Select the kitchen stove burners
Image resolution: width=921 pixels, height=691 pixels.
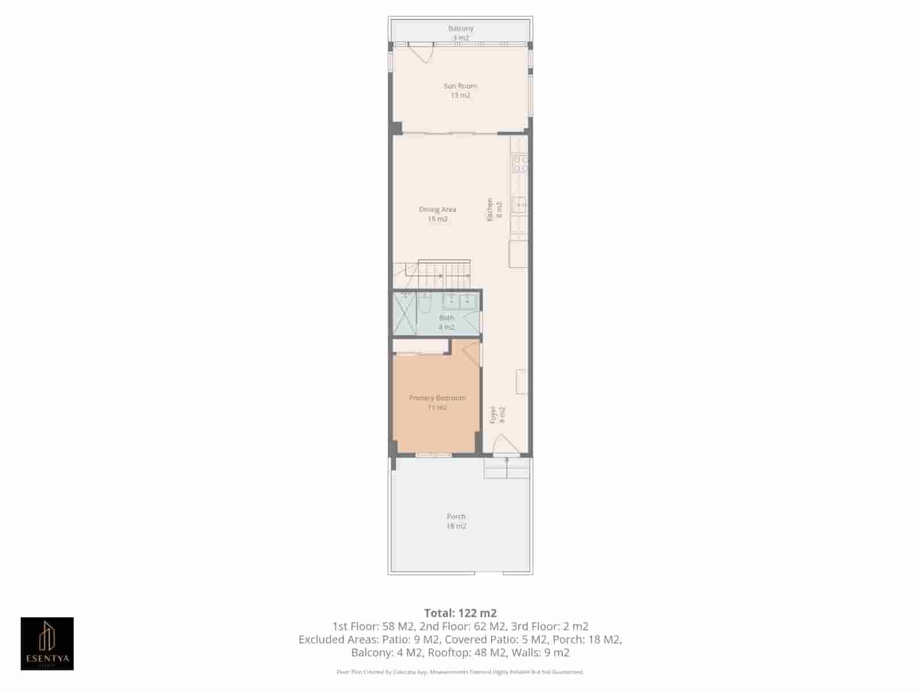coord(520,164)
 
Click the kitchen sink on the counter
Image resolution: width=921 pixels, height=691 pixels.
coord(520,204)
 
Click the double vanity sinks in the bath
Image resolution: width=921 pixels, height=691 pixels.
coord(459,299)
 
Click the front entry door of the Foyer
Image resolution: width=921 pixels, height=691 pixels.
coord(498,445)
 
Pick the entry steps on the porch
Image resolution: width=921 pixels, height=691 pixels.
coord(507,468)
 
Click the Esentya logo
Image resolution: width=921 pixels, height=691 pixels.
coord(47,644)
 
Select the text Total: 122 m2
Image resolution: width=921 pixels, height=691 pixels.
coord(460,613)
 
